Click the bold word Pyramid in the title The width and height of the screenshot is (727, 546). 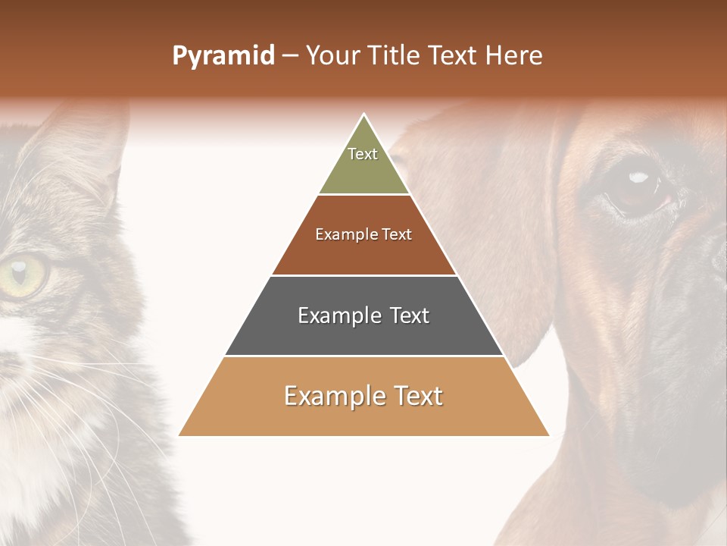click(223, 56)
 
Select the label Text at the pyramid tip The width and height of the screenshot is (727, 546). click(363, 154)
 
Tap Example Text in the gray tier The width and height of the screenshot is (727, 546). click(363, 315)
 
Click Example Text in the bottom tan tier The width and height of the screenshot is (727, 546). click(363, 396)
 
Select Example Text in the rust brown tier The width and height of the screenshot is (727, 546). click(363, 234)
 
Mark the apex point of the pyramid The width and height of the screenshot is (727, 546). click(364, 115)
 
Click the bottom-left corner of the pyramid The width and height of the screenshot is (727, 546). click(179, 435)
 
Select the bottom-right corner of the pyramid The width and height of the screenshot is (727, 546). click(548, 435)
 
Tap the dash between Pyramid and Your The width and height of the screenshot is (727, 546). click(290, 56)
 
